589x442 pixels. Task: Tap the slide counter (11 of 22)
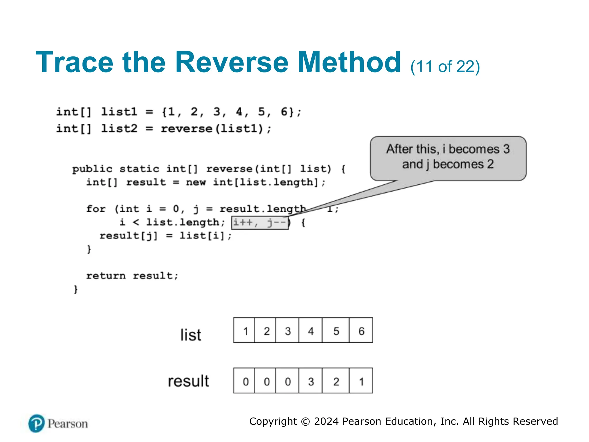(445, 67)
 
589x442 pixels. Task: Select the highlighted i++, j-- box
(260, 223)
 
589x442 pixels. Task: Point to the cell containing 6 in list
(361, 330)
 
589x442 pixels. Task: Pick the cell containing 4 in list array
(310, 330)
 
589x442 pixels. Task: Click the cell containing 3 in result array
(310, 381)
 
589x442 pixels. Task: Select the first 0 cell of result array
(245, 381)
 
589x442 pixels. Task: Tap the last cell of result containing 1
(361, 381)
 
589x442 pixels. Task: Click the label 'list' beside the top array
(191, 335)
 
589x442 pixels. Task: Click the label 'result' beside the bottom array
(188, 381)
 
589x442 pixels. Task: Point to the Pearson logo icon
(37, 423)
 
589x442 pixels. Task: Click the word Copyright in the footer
(273, 421)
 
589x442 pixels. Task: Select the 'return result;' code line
(132, 276)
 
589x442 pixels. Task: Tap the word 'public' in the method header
(92, 169)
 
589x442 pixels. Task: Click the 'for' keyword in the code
(96, 209)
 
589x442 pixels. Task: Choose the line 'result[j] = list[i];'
(165, 236)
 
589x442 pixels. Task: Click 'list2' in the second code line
(119, 128)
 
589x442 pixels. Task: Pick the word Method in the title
(349, 62)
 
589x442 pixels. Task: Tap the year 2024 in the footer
(326, 421)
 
